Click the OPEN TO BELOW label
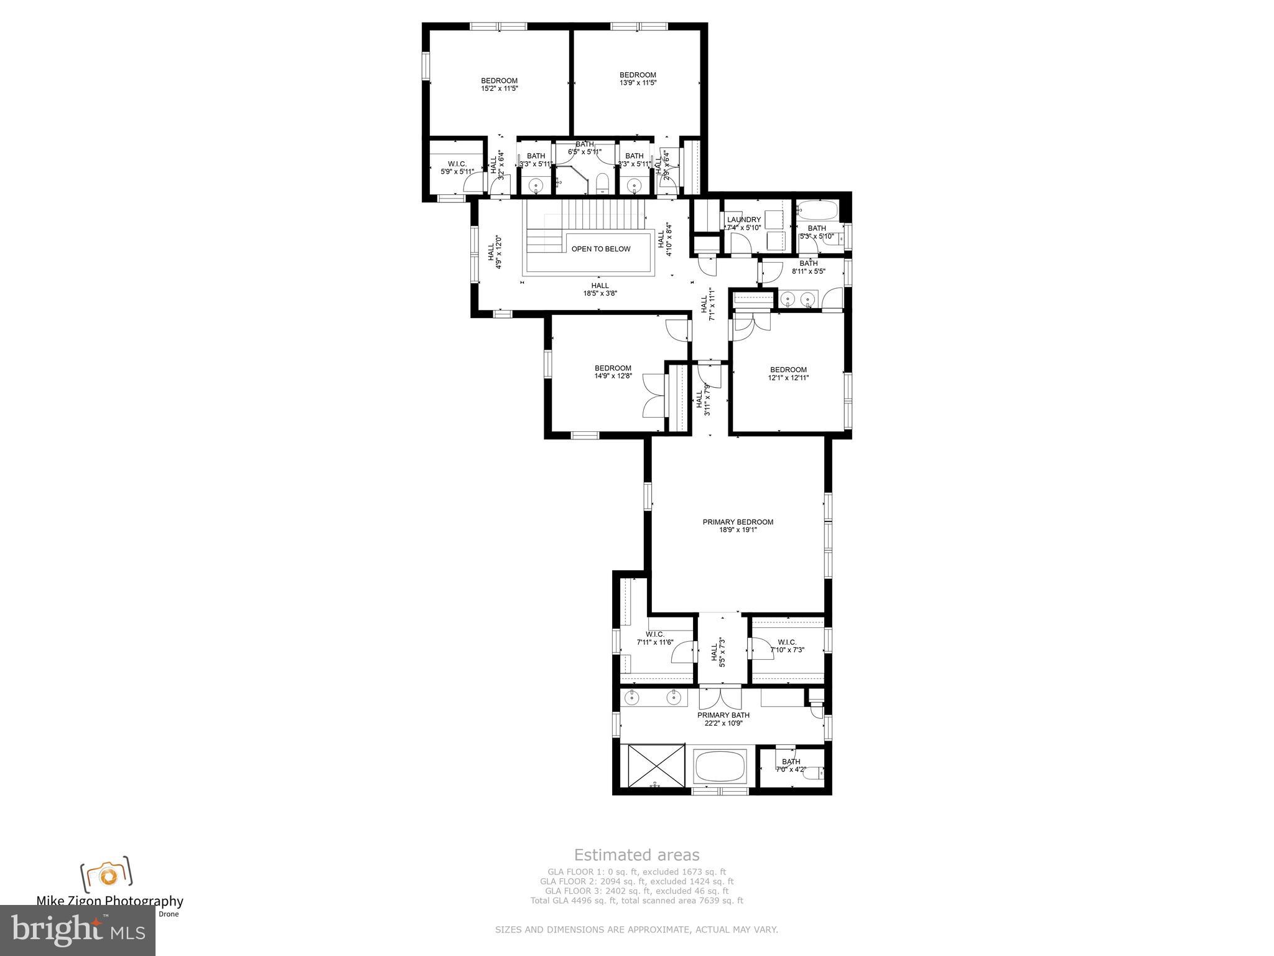tap(601, 249)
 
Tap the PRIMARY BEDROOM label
tap(738, 522)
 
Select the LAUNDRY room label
tap(743, 220)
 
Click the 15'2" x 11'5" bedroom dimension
tap(499, 89)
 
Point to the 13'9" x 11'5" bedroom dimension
tap(638, 83)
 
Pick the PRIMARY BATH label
tap(723, 715)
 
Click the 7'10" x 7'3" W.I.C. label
tap(787, 646)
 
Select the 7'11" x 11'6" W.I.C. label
tap(654, 638)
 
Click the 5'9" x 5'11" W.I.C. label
tap(457, 167)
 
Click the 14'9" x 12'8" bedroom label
tap(613, 372)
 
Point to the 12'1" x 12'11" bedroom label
tap(788, 373)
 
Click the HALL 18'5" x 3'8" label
tap(600, 289)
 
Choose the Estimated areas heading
tap(636, 855)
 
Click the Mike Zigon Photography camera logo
tap(107, 875)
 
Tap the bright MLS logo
tap(78, 930)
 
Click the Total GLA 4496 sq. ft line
tap(636, 900)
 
